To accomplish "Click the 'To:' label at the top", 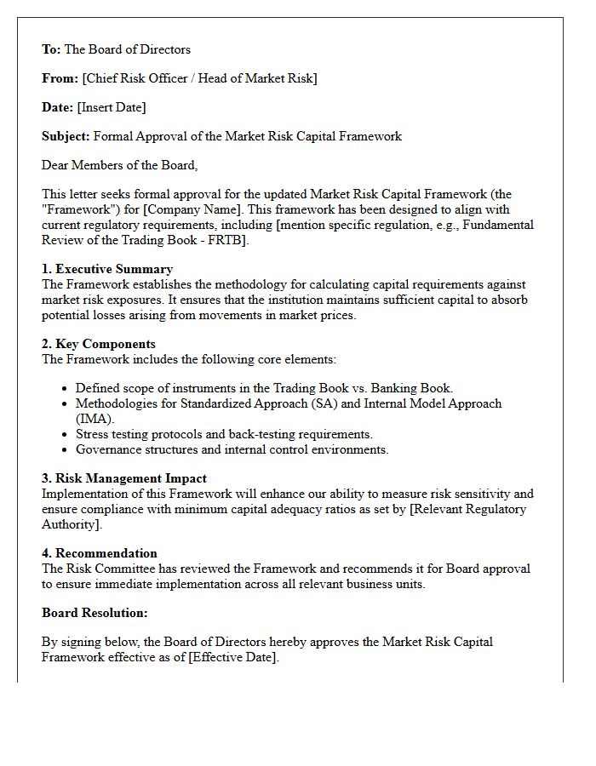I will (x=52, y=49).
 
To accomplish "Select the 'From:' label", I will (x=60, y=78).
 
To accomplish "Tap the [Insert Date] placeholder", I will (x=112, y=107).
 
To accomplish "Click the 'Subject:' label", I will (x=66, y=136).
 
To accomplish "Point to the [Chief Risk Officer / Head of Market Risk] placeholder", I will (x=199, y=78).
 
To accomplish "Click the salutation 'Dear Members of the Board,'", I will (x=119, y=165).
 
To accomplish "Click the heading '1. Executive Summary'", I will (x=107, y=269).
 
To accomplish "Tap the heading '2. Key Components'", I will (x=99, y=344).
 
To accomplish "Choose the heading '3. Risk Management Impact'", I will (x=124, y=478).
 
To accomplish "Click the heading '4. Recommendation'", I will (x=100, y=553).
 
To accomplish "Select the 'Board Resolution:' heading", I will (x=95, y=613).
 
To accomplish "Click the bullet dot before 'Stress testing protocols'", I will (x=66, y=435).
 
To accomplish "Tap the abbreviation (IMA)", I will (x=95, y=419).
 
